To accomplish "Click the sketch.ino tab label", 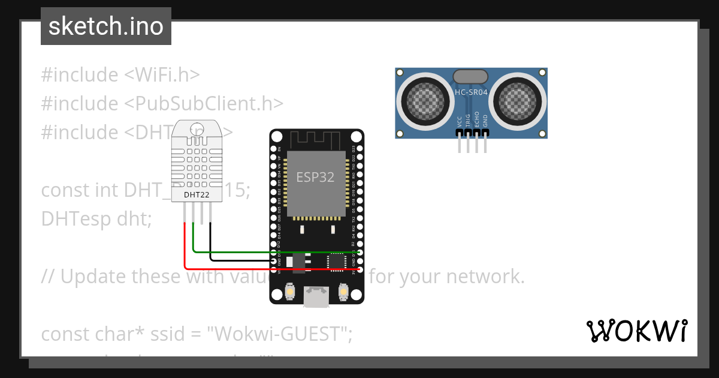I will tap(105, 26).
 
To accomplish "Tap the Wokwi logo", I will tap(636, 331).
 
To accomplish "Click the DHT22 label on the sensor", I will tap(196, 195).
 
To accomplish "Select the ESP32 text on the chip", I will tap(315, 177).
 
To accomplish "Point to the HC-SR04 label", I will tap(471, 93).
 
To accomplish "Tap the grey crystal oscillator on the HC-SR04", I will tap(471, 76).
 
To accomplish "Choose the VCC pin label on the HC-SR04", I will tap(460, 121).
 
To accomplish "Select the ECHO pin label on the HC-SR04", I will tap(477, 119).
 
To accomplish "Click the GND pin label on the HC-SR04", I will tap(485, 120).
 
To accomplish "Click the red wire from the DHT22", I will tap(228, 268).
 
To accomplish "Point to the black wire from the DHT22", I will tap(240, 260).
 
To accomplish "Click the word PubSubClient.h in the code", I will tap(204, 103).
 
